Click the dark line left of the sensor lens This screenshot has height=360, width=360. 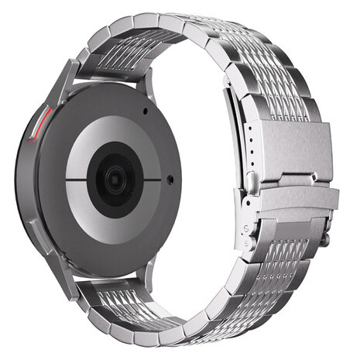click(79, 180)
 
